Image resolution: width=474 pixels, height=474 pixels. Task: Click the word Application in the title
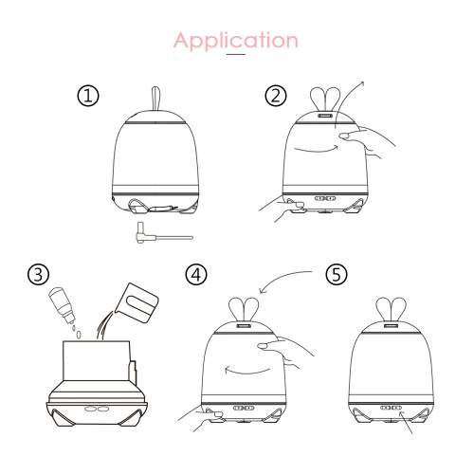pyautogui.click(x=236, y=41)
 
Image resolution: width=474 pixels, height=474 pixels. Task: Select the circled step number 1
pyautogui.click(x=88, y=96)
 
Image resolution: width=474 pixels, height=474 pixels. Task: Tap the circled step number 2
pyautogui.click(x=276, y=96)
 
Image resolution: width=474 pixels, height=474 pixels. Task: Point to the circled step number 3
pyautogui.click(x=38, y=274)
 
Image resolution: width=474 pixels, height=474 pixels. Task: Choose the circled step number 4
pyautogui.click(x=196, y=274)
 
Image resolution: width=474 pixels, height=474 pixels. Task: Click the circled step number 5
pyautogui.click(x=337, y=274)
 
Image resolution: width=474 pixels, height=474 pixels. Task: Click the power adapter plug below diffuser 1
pyautogui.click(x=164, y=233)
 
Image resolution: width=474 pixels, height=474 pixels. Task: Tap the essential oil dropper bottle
pyautogui.click(x=63, y=304)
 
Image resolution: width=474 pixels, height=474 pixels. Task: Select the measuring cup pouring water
pyautogui.click(x=137, y=302)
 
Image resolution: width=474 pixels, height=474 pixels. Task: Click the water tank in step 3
pyautogui.click(x=97, y=361)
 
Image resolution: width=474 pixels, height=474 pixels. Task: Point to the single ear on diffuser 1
pyautogui.click(x=156, y=99)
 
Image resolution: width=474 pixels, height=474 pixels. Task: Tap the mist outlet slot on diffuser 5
pyautogui.click(x=391, y=326)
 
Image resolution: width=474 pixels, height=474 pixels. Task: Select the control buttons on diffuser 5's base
pyautogui.click(x=391, y=408)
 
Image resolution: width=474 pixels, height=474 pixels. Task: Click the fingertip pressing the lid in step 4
pyautogui.click(x=263, y=346)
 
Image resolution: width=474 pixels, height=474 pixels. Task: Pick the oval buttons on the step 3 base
pyautogui.click(x=97, y=409)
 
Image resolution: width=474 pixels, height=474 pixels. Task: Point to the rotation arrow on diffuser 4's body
pyautogui.click(x=247, y=370)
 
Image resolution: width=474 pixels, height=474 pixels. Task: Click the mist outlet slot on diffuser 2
pyautogui.click(x=325, y=116)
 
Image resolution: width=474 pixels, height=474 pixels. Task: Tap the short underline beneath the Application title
pyautogui.click(x=236, y=54)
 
